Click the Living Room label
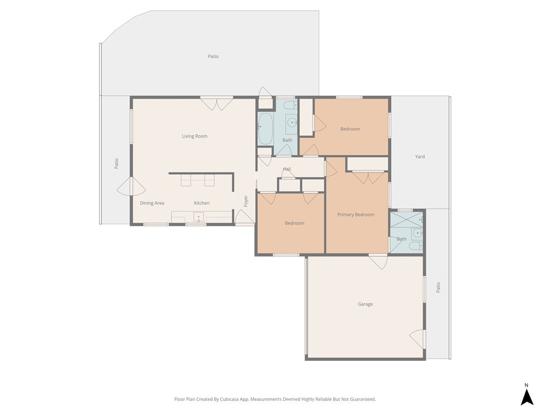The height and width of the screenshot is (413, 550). [x=194, y=136]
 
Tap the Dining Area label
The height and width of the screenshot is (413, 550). [x=152, y=203]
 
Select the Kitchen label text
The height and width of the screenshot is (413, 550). [x=201, y=203]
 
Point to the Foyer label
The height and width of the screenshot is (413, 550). [x=246, y=201]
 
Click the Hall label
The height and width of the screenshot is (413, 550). [x=287, y=169]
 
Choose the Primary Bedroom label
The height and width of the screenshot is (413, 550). [x=356, y=215]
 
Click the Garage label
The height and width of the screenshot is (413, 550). [x=365, y=304]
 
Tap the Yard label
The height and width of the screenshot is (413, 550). [x=420, y=157]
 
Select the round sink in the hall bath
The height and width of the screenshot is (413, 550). [x=292, y=122]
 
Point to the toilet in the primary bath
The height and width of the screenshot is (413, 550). [x=416, y=246]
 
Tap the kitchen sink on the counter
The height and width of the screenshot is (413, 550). [x=199, y=217]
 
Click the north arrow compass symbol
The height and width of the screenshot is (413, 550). [x=527, y=397]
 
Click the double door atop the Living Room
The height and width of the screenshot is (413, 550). [x=216, y=104]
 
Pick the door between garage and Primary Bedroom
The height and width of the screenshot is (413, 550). [x=378, y=261]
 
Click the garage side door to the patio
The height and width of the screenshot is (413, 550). [x=418, y=339]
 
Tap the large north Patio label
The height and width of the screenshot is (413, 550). [x=213, y=56]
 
